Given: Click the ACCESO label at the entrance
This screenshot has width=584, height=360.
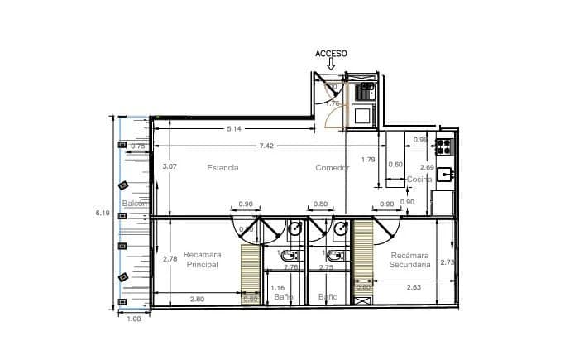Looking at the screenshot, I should click(x=331, y=53).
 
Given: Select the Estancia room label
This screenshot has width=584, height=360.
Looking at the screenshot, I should click(x=223, y=167).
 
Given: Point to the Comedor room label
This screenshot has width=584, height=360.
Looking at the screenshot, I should click(x=332, y=167).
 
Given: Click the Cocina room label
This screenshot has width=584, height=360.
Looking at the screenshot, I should click(x=419, y=180).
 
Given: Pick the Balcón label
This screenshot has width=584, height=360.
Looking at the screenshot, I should click(x=135, y=203).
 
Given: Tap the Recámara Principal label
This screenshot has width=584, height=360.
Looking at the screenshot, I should click(x=201, y=259).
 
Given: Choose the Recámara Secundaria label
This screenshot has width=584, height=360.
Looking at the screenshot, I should click(x=410, y=260).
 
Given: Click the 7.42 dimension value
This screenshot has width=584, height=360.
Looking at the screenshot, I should click(x=266, y=146).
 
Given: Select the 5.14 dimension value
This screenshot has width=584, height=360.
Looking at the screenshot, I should click(x=234, y=128).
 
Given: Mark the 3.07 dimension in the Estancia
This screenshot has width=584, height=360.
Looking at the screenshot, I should click(x=170, y=166).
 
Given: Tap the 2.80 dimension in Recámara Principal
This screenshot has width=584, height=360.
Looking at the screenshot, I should click(x=197, y=299).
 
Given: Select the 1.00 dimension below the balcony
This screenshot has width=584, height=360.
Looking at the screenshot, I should click(x=135, y=319).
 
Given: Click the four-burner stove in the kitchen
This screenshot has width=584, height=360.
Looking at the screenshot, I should click(x=444, y=147).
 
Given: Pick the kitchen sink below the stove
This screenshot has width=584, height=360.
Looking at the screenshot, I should click(x=444, y=174).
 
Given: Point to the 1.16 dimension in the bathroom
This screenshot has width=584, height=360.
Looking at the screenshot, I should click(x=278, y=288).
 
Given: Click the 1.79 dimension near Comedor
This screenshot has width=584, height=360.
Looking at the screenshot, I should click(x=369, y=159).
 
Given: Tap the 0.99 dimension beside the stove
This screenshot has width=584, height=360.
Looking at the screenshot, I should click(x=420, y=140).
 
